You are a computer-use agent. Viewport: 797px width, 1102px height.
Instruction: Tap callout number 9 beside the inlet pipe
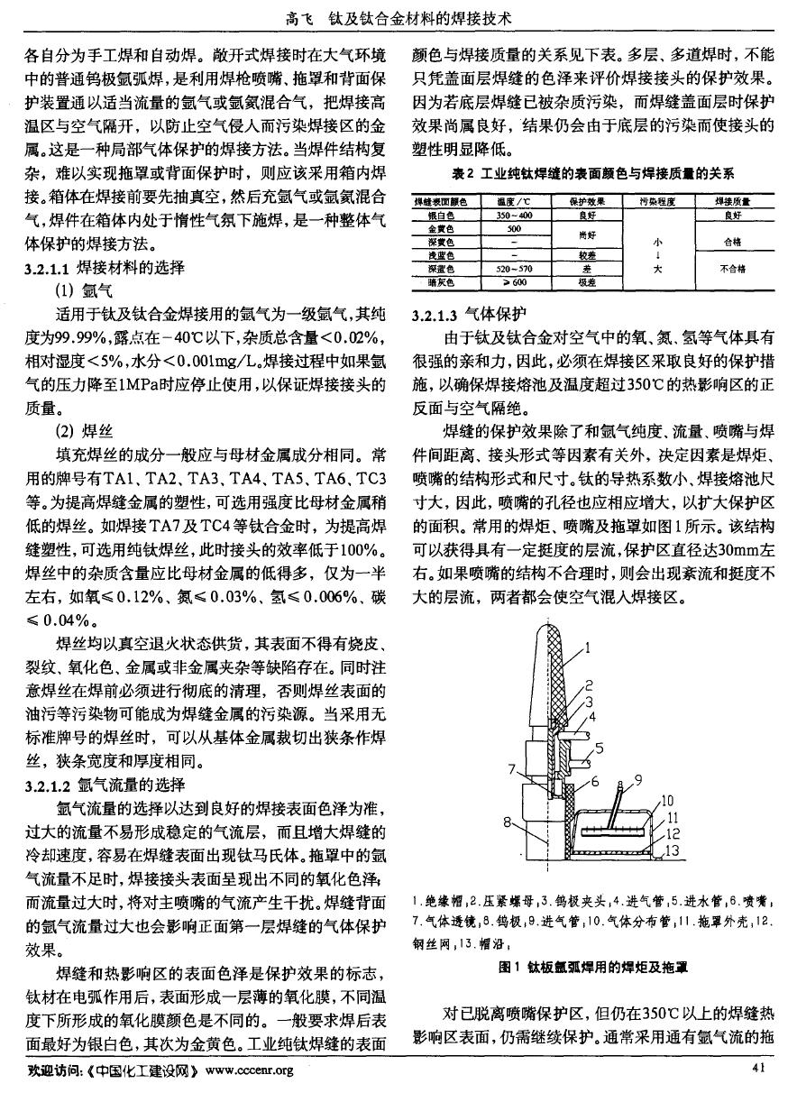tap(639, 779)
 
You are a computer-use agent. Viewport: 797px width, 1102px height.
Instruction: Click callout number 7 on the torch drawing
tap(511, 769)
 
